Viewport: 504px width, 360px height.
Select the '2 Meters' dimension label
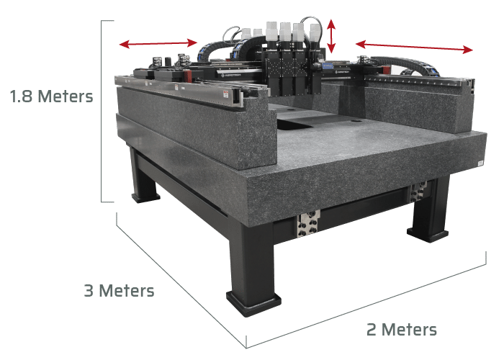[x=400, y=330]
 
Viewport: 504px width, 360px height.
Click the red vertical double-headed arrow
[x=331, y=36]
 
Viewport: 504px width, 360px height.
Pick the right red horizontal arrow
[x=415, y=47]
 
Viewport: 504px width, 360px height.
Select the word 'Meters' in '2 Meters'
[x=410, y=330]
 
